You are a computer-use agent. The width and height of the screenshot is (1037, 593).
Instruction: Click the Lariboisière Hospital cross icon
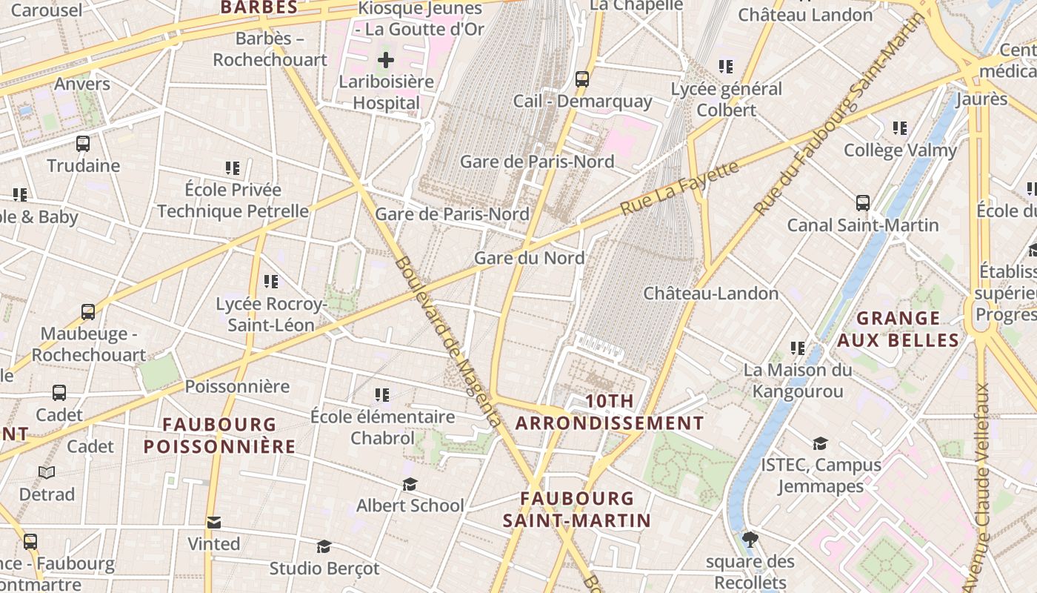[386, 60]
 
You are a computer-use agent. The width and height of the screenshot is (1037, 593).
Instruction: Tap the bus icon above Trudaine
[83, 144]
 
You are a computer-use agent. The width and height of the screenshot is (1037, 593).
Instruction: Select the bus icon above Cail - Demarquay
[582, 79]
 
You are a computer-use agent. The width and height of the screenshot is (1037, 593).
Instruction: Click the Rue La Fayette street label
[679, 188]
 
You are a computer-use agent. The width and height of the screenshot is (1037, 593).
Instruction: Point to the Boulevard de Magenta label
[447, 341]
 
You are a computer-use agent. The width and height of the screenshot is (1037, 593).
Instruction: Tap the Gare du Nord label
[529, 258]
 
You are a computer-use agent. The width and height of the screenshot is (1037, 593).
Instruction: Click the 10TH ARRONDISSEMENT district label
[610, 412]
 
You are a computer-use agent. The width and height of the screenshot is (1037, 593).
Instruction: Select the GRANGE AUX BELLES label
[898, 329]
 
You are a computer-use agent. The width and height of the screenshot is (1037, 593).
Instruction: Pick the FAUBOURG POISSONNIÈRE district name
[219, 435]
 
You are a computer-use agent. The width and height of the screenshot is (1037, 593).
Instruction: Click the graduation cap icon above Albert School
[410, 484]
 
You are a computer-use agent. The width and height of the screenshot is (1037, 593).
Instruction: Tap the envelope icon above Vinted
[214, 523]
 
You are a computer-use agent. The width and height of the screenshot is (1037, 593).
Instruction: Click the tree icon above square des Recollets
[750, 539]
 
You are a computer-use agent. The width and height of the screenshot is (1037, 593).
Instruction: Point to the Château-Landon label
[710, 293]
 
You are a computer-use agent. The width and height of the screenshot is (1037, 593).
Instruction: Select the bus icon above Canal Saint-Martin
[863, 203]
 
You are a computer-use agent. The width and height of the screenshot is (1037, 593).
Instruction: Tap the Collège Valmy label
[900, 150]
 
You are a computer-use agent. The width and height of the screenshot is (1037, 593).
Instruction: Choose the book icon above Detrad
[47, 472]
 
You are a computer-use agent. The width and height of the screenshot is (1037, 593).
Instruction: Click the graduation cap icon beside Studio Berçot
[324, 547]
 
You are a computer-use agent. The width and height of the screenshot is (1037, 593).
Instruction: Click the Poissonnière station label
[237, 386]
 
